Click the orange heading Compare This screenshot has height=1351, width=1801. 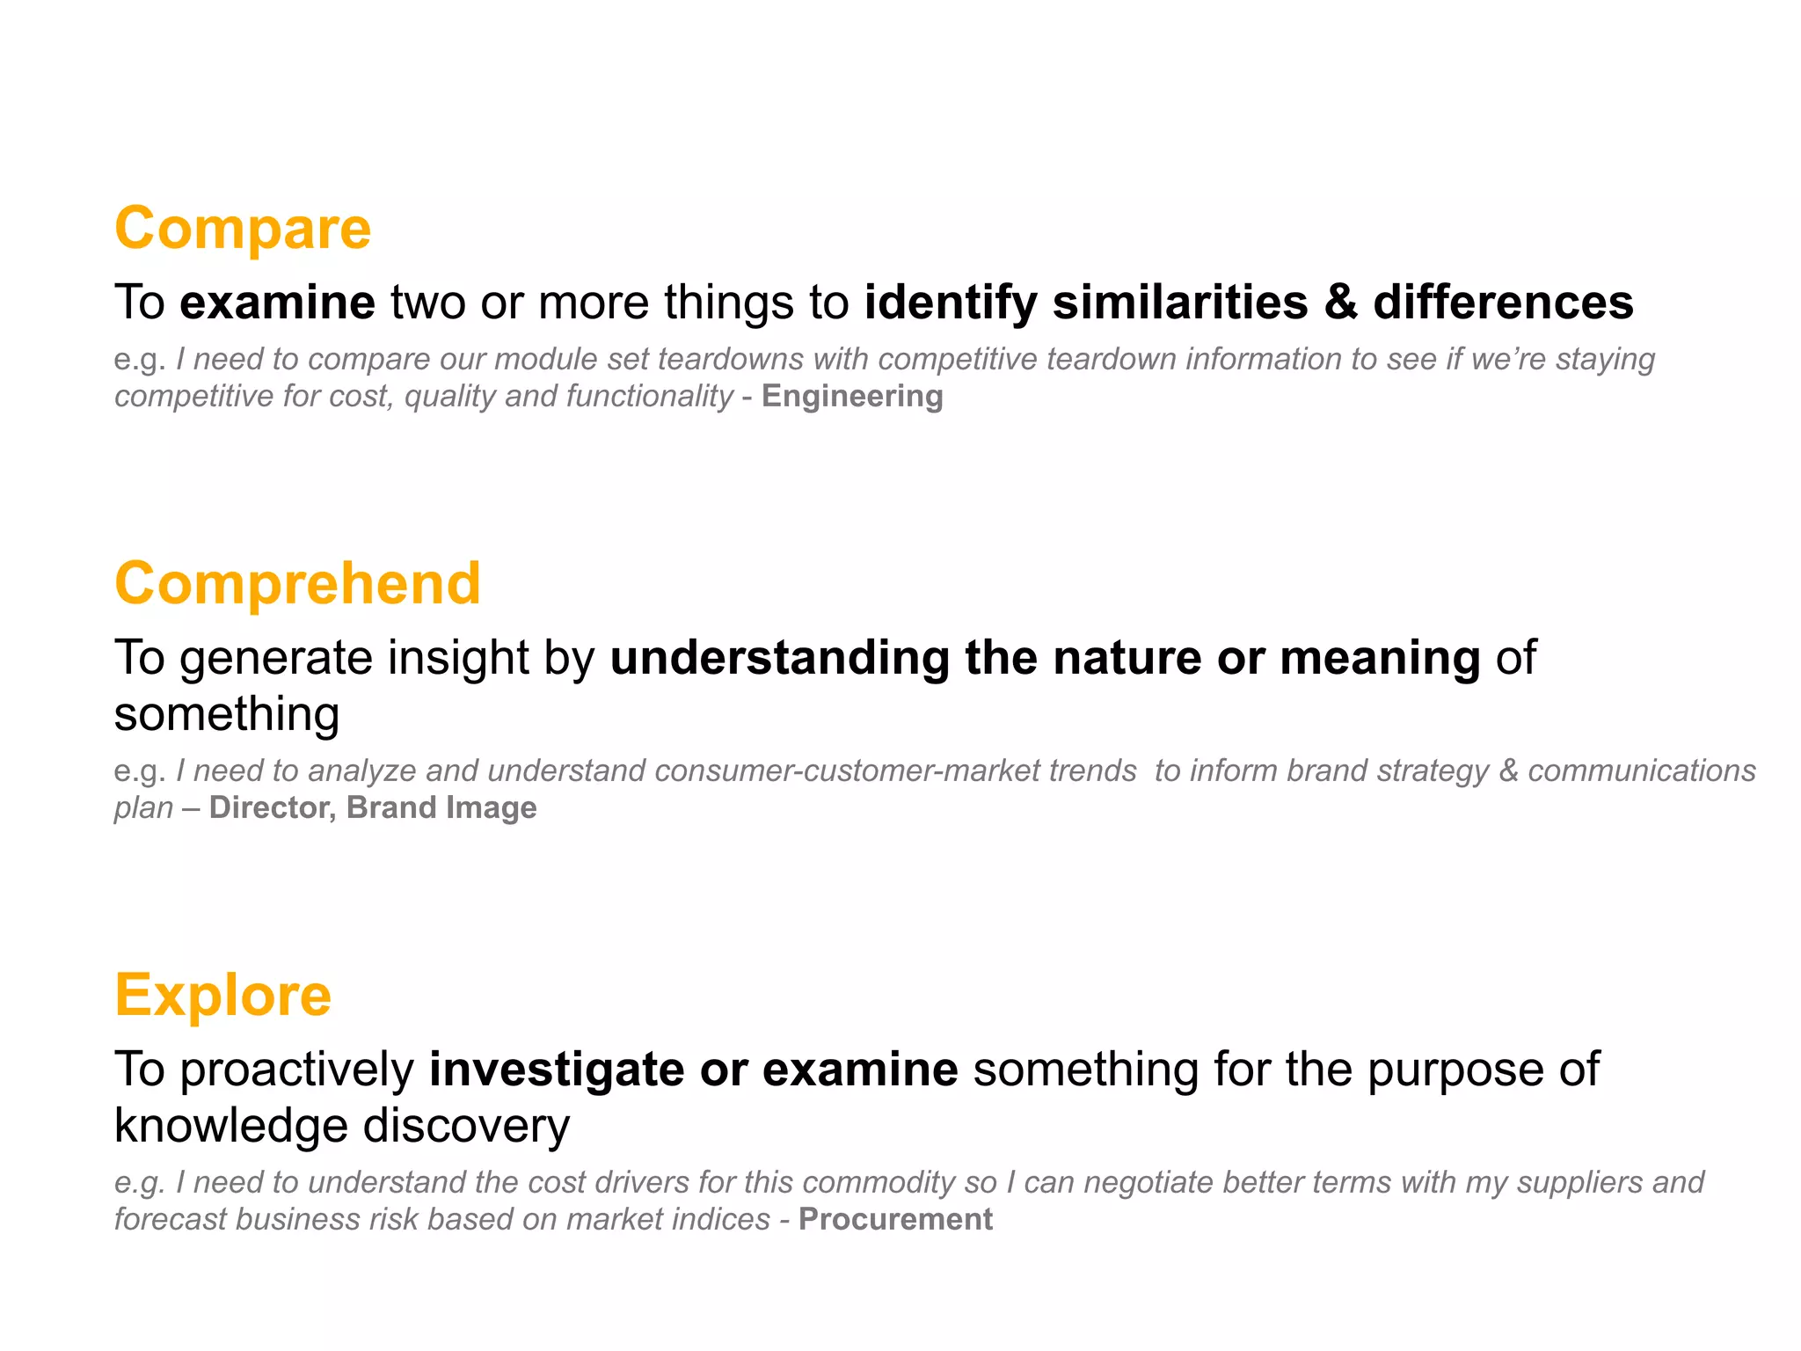pyautogui.click(x=243, y=229)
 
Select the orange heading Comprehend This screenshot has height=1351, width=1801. pyautogui.click(x=297, y=584)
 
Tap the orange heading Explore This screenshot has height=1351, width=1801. pyautogui.click(x=223, y=996)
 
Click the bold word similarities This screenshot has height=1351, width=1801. pyautogui.click(x=1180, y=303)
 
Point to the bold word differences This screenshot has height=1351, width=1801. pyautogui.click(x=1503, y=303)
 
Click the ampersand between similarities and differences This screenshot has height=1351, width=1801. pyautogui.click(x=1341, y=303)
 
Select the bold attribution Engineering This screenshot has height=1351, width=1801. pyautogui.click(x=852, y=397)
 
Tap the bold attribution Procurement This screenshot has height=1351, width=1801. pyautogui.click(x=895, y=1220)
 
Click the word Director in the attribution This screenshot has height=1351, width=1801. pyautogui.click(x=273, y=808)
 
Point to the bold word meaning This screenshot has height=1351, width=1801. pyautogui.click(x=1380, y=658)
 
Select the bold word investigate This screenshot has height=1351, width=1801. pyautogui.click(x=557, y=1070)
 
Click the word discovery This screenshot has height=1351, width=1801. pyautogui.click(x=466, y=1126)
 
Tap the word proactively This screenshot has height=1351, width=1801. pyautogui.click(x=297, y=1070)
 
